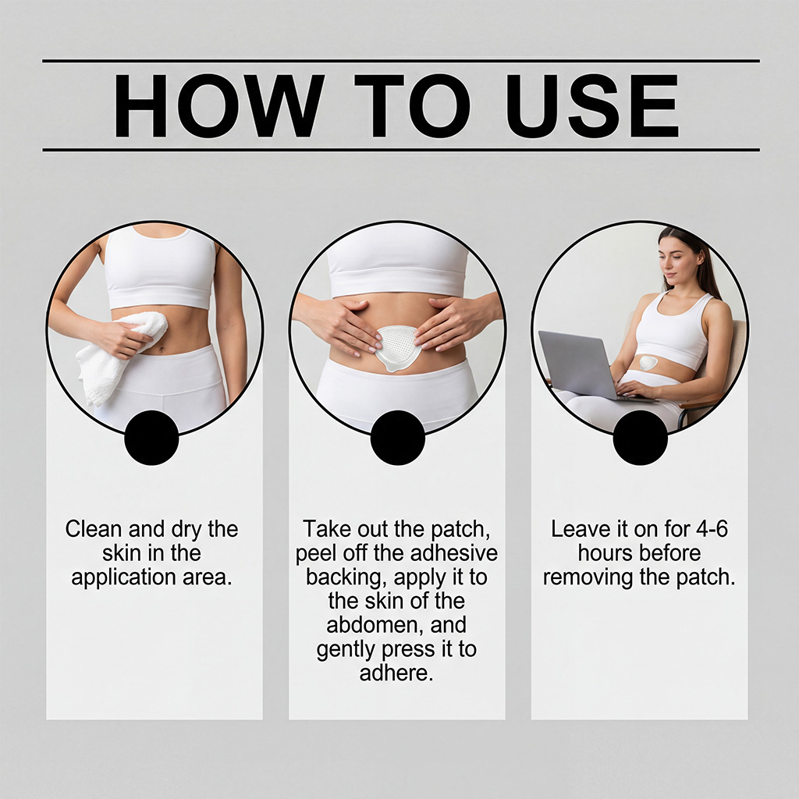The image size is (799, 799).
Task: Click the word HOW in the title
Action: (x=219, y=105)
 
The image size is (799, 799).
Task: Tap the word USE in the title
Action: (x=592, y=105)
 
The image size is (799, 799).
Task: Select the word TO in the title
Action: (x=412, y=105)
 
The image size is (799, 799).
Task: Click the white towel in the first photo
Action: (x=121, y=357)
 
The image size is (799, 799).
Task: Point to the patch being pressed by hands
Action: (x=396, y=349)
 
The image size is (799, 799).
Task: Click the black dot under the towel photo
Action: (x=151, y=438)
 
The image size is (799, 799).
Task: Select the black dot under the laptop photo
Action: (x=640, y=438)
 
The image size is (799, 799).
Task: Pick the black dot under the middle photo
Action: (x=397, y=438)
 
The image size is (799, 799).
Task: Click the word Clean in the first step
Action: (x=94, y=529)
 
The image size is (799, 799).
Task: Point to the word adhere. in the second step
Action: (x=396, y=673)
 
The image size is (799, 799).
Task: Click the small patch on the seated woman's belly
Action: (x=648, y=363)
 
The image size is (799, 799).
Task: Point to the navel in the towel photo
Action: (x=162, y=349)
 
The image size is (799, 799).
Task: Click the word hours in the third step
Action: (x=603, y=553)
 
